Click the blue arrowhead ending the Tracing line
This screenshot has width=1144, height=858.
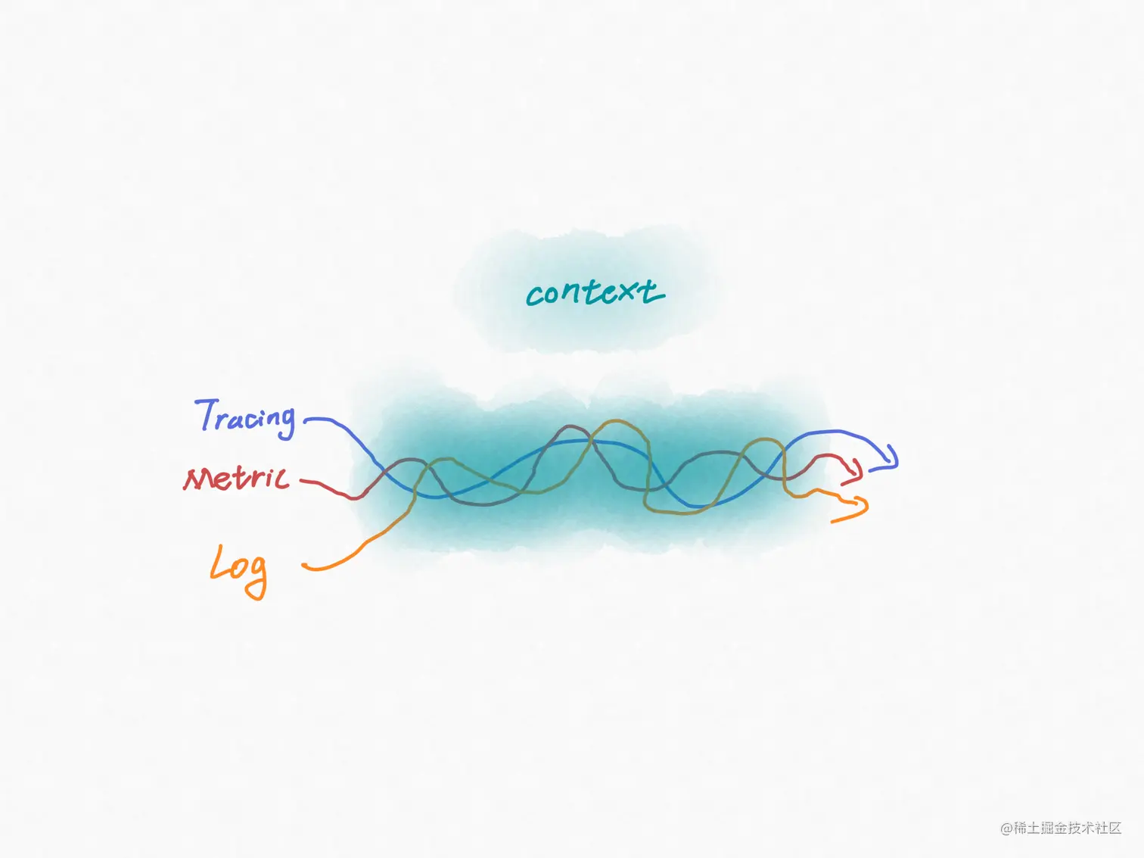(x=891, y=460)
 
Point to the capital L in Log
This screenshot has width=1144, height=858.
(x=219, y=564)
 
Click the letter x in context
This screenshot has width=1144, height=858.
(x=624, y=292)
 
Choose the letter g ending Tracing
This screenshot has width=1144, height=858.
(x=284, y=423)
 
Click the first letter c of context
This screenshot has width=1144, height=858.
(x=535, y=296)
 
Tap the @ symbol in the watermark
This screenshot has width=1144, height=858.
(x=1006, y=828)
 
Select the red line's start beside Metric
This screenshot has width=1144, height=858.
(x=303, y=480)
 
